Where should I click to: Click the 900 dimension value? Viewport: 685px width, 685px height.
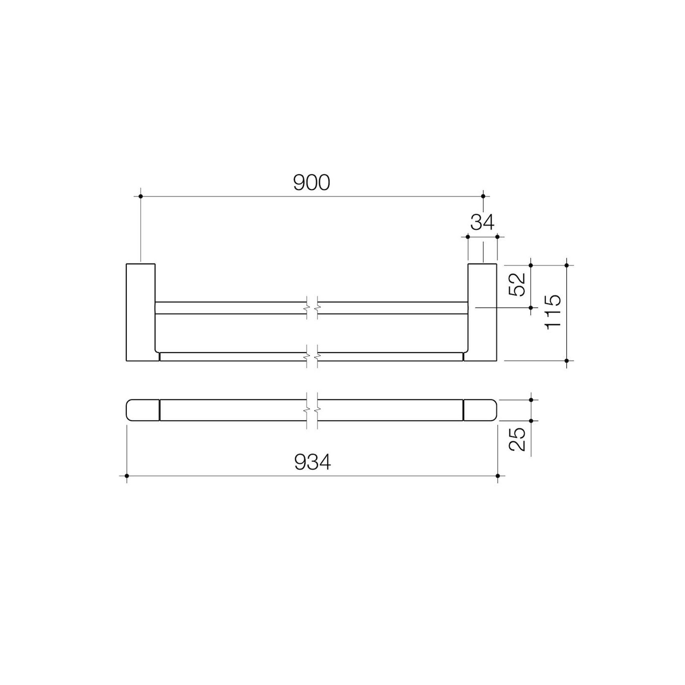pyautogui.click(x=311, y=183)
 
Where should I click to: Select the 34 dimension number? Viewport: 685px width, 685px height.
pyautogui.click(x=482, y=222)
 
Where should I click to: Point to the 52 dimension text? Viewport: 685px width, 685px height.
pyautogui.click(x=517, y=284)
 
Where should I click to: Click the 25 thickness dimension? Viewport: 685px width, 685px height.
pyautogui.click(x=517, y=439)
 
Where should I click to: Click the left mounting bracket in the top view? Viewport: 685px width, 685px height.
pyautogui.click(x=141, y=312)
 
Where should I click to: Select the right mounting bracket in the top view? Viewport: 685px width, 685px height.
pyautogui.click(x=482, y=312)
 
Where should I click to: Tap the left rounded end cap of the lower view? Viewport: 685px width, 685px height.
pyautogui.click(x=143, y=410)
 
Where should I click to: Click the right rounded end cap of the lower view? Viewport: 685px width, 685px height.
pyautogui.click(x=481, y=410)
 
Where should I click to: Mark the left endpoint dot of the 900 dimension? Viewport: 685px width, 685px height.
pyautogui.click(x=141, y=197)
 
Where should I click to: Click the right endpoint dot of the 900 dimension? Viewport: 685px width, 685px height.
pyautogui.click(x=483, y=197)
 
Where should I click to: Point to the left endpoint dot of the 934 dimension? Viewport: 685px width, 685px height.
pyautogui.click(x=127, y=476)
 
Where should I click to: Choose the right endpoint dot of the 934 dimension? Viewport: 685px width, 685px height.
pyautogui.click(x=497, y=476)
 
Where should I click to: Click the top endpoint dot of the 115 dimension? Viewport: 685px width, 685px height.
pyautogui.click(x=566, y=265)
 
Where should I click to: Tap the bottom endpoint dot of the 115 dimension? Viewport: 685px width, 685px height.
pyautogui.click(x=566, y=360)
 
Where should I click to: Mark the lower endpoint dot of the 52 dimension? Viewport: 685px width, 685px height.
pyautogui.click(x=531, y=307)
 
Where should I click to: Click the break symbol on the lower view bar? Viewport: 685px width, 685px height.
pyautogui.click(x=312, y=410)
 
